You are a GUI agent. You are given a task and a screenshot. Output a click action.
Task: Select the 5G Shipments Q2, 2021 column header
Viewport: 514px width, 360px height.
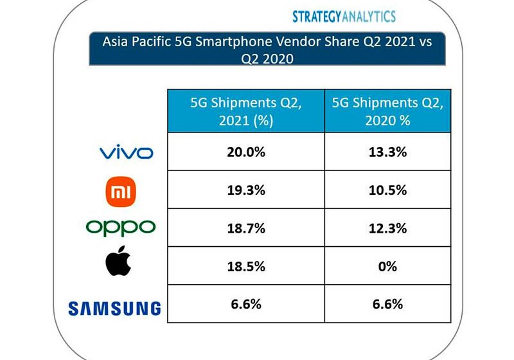246,111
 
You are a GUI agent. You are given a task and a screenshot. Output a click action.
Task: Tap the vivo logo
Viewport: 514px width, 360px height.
126,152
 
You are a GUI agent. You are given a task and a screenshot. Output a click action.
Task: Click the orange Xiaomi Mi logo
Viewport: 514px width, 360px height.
121,190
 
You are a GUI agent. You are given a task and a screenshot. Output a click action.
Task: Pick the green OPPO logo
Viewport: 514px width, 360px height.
120,227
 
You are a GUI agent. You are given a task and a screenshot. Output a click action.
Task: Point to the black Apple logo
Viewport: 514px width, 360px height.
120,263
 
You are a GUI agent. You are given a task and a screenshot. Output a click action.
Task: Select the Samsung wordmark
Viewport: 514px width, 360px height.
114,309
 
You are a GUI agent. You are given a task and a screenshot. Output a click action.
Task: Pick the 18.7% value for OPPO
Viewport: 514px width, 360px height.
246,228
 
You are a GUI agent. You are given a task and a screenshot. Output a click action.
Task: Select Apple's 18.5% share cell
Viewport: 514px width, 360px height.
246,265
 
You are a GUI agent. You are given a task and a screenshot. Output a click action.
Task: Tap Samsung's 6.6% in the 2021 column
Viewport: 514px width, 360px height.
246,303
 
